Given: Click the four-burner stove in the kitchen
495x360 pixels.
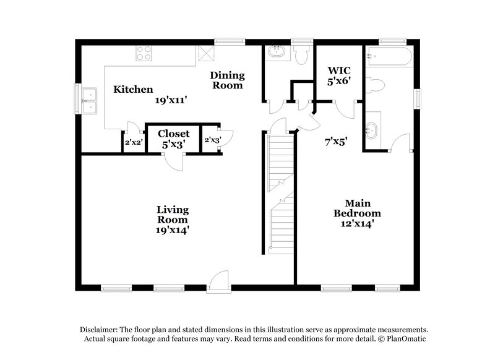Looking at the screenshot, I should click(x=144, y=55).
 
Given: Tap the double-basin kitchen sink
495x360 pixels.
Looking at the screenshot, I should click(x=90, y=101).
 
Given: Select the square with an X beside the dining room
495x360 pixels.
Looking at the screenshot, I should click(x=205, y=54).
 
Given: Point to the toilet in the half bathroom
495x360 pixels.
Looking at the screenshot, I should click(x=301, y=56).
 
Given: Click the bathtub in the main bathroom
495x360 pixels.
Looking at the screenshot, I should click(x=389, y=57).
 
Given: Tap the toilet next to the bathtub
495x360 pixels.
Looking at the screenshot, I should click(x=376, y=84).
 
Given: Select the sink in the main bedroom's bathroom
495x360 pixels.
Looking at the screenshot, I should click(x=372, y=131).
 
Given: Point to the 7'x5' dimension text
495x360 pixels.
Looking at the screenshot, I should click(x=336, y=141).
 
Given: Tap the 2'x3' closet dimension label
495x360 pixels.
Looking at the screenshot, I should click(x=212, y=140).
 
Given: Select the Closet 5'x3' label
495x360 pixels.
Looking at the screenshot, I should click(x=173, y=139).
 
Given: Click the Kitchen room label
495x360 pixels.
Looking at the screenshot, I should click(x=133, y=89).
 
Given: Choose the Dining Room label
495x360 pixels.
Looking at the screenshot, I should click(x=228, y=80).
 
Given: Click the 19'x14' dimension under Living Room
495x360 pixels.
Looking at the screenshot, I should click(x=173, y=229).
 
